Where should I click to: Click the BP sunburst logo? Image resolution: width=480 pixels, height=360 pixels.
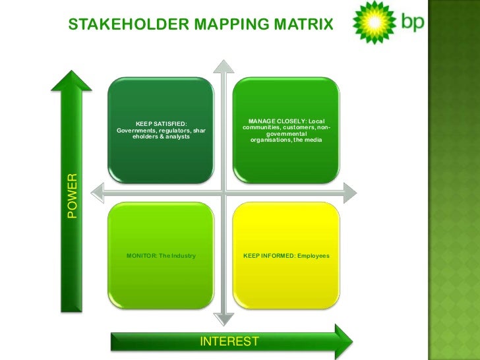[374, 22]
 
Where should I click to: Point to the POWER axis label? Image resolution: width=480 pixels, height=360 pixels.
[72, 195]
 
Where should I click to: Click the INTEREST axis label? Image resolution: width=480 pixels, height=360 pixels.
[229, 341]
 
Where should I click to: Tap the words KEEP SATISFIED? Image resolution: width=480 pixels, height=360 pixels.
[161, 123]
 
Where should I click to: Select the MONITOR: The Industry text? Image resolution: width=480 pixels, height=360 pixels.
[161, 255]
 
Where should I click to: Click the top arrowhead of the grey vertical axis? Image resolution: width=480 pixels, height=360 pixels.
[225, 66]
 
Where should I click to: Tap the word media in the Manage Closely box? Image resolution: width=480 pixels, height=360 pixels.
[312, 140]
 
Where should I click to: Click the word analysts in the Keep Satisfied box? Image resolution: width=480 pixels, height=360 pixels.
[175, 136]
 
